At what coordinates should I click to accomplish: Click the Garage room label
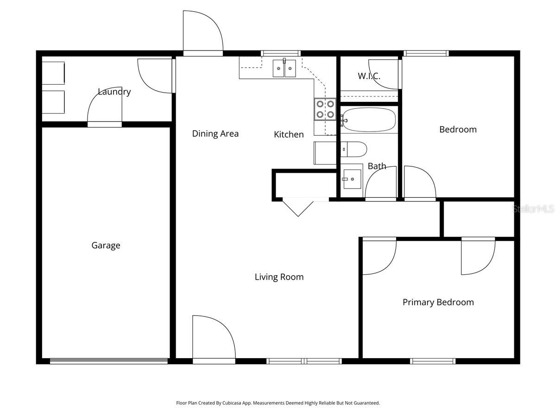(x=106, y=246)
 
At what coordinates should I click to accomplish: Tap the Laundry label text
(x=114, y=92)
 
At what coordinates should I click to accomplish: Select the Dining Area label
(x=215, y=134)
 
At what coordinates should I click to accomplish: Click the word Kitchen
(x=289, y=134)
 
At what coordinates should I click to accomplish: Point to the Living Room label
(x=279, y=277)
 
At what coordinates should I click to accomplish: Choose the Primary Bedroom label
(x=438, y=303)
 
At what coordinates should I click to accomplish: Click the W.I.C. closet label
(x=369, y=76)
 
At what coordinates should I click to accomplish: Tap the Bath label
(x=377, y=166)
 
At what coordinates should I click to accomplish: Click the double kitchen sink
(x=284, y=69)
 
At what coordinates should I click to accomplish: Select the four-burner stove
(x=325, y=109)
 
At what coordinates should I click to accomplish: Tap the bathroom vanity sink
(x=352, y=178)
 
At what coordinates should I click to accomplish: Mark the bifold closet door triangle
(x=298, y=206)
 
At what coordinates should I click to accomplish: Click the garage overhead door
(x=109, y=361)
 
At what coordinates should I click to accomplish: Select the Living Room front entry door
(x=214, y=341)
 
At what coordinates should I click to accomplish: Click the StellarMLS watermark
(x=533, y=209)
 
